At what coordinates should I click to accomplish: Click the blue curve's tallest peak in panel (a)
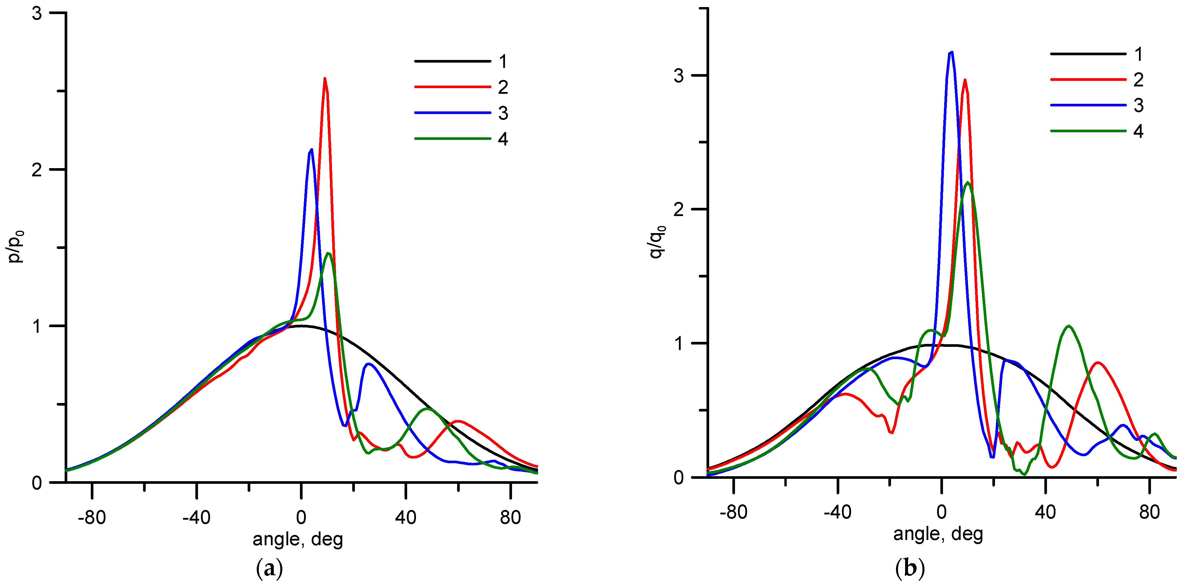click(312, 150)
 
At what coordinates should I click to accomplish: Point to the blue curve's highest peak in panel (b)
click(951, 52)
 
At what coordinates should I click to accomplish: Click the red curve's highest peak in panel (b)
click(965, 80)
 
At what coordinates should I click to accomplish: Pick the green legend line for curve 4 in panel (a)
click(452, 138)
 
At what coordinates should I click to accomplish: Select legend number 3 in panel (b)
click(1138, 106)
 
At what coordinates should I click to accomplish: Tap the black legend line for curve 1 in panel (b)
click(1088, 54)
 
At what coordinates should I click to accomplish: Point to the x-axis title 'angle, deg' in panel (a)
click(298, 539)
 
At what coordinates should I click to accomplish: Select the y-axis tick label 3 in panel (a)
click(37, 14)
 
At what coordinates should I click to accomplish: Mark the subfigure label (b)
click(910, 568)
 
